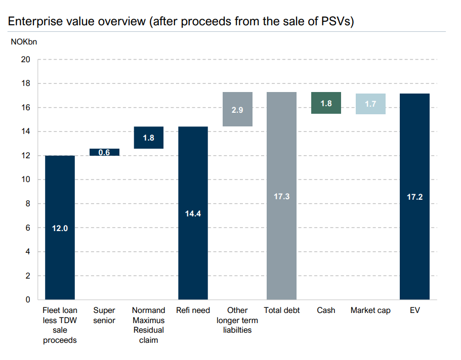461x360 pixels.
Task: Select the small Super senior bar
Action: [x=104, y=152]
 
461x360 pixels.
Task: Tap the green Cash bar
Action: [x=326, y=103]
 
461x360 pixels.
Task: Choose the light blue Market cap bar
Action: [x=370, y=104]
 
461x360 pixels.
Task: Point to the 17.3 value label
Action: [x=281, y=196]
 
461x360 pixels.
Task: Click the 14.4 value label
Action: [x=193, y=213]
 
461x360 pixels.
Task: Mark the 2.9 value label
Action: [x=237, y=110]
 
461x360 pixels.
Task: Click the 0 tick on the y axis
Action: [x=28, y=300]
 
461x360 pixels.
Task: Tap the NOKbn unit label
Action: [x=24, y=41]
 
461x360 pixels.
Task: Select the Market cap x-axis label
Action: [x=370, y=310]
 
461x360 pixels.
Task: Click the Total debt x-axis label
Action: [x=281, y=310]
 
